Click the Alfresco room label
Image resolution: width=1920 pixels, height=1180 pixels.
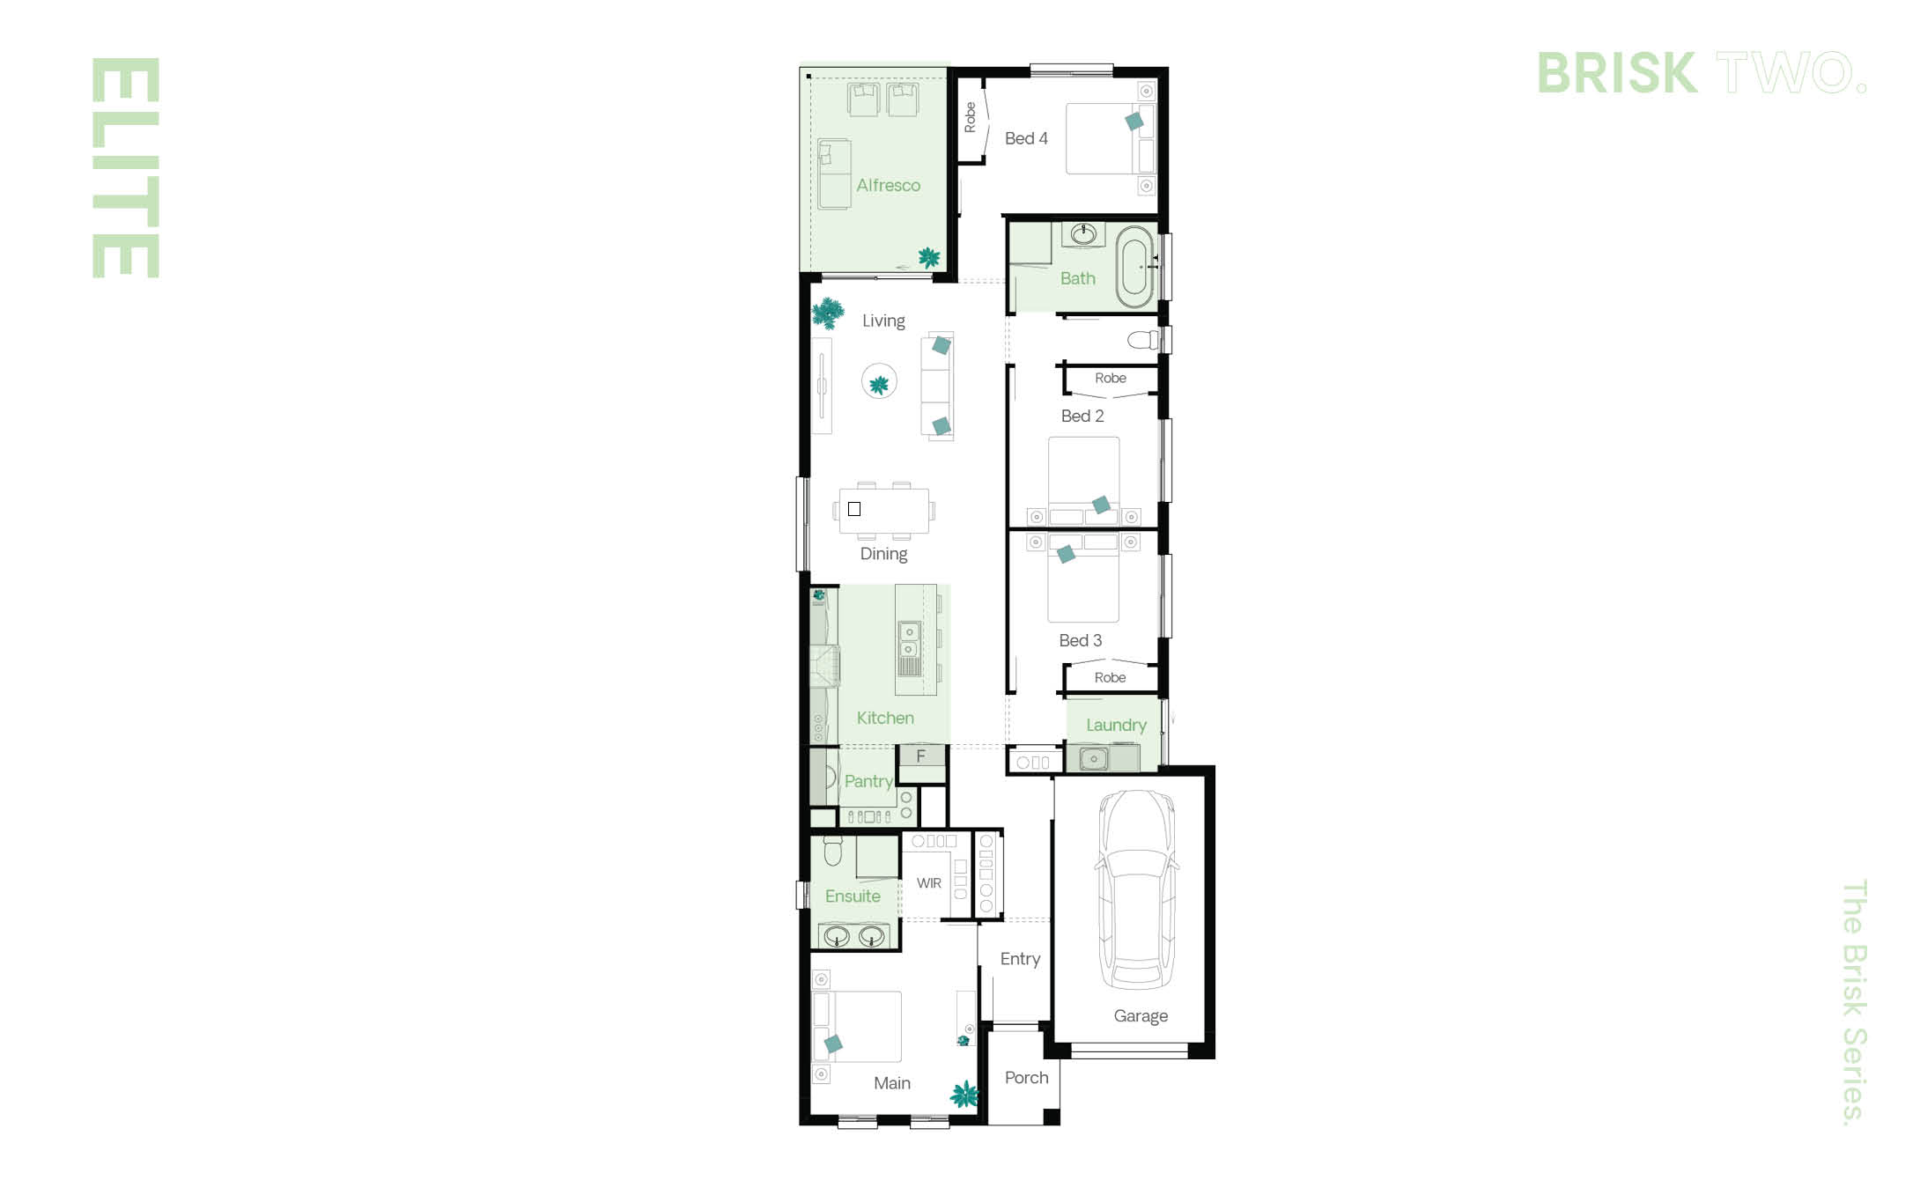[888, 185]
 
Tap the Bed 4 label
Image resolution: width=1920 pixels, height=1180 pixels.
[1026, 138]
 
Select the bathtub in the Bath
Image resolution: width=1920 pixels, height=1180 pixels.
[1134, 267]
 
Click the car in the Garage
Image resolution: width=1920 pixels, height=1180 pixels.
[1137, 889]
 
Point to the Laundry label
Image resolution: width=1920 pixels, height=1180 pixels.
[1116, 725]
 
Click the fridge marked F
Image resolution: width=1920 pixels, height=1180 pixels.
[921, 756]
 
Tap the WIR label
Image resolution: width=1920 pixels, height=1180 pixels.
[929, 883]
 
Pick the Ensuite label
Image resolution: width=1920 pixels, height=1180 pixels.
[853, 896]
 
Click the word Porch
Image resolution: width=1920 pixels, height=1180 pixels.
[1027, 1078]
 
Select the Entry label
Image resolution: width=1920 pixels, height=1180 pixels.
[1020, 959]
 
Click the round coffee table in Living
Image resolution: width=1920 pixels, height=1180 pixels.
[879, 381]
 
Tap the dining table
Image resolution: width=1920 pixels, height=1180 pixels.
[884, 511]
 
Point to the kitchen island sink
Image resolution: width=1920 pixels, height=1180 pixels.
[909, 640]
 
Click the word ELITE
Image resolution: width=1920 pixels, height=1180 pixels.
[126, 168]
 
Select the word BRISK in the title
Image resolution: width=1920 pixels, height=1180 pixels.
[1617, 72]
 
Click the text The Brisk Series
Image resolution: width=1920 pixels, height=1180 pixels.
[1854, 1002]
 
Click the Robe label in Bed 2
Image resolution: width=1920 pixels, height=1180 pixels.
[1111, 378]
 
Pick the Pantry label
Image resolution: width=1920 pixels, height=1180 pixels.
[868, 781]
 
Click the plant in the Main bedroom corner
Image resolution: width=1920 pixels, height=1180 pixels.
[965, 1095]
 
